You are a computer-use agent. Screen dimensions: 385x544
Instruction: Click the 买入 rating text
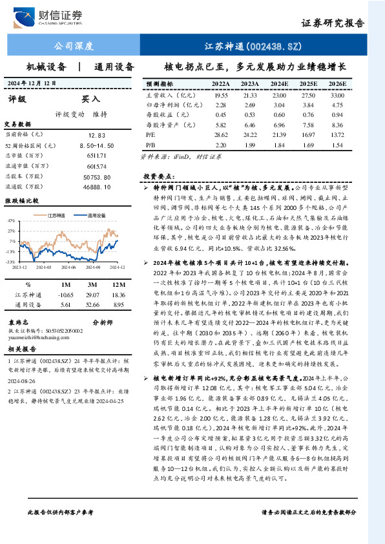pos(90,99)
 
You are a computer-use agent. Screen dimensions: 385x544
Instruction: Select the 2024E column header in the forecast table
pos(280,85)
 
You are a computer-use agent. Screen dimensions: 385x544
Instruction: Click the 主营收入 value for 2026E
pos(337,95)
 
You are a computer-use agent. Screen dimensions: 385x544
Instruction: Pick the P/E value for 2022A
pos(221,134)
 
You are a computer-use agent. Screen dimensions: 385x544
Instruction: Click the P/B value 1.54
pos(337,145)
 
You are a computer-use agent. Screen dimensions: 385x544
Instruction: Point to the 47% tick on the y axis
pos(11,220)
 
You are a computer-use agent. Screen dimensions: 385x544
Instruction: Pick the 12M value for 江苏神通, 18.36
pos(118,294)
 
